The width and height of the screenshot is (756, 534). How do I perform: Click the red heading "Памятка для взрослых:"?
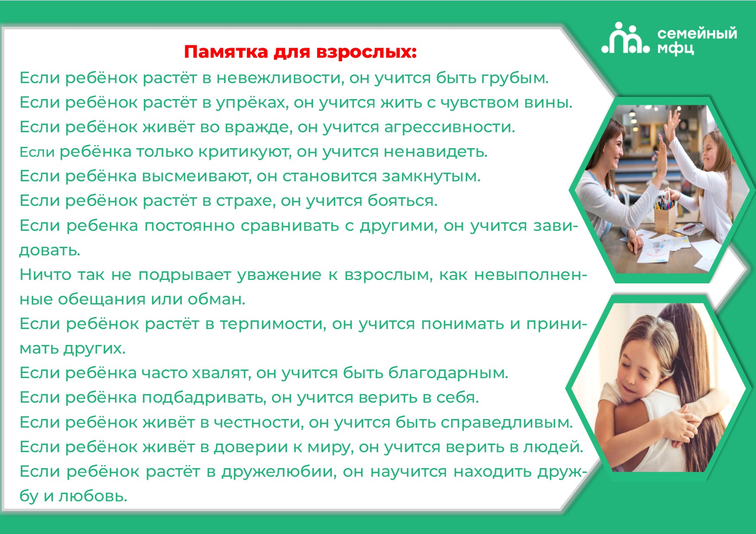point(300,52)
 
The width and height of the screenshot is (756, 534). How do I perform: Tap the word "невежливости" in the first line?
point(280,78)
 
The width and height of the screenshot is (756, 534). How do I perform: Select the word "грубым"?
point(515,78)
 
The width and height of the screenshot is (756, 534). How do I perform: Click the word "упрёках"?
point(252,103)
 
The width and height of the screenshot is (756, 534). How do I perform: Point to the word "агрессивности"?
point(450,127)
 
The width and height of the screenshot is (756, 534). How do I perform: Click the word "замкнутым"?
point(431,176)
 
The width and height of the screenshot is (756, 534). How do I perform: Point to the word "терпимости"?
point(273,324)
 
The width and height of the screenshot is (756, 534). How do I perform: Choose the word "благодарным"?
point(448,373)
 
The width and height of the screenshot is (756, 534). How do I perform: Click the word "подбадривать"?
point(203,397)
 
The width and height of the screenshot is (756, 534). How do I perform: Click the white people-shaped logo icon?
point(625,39)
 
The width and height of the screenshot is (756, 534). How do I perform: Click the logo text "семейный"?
point(697,34)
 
